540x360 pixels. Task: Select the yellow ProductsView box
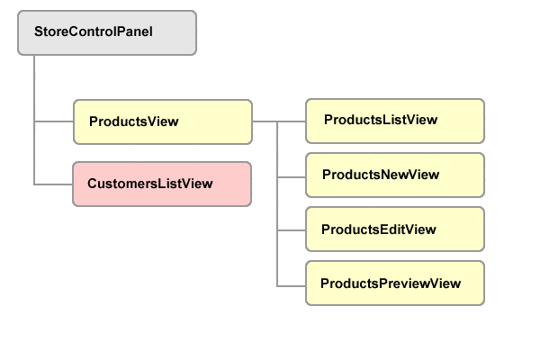coord(162,121)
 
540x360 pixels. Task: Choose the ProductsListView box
coord(395,121)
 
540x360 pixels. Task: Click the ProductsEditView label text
coord(378,229)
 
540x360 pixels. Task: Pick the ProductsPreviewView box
coord(395,283)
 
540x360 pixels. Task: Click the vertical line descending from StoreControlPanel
coord(34,90)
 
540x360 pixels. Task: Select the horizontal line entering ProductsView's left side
coord(53,121)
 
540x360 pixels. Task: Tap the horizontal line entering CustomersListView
coord(53,184)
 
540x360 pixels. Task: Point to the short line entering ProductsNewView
coord(292,175)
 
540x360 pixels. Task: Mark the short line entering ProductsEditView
coord(292,229)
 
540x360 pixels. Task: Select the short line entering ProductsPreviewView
coord(292,285)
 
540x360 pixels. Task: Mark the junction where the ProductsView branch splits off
coord(34,121)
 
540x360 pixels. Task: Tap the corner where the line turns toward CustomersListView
coord(34,184)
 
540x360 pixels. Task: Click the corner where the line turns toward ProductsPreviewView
coord(278,285)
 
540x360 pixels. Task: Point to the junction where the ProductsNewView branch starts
coord(278,175)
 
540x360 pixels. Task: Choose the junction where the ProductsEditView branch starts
coord(278,229)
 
